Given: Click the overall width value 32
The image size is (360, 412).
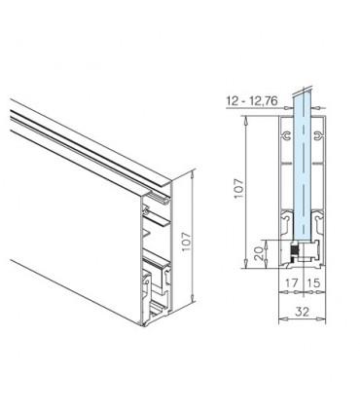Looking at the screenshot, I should pos(304,314).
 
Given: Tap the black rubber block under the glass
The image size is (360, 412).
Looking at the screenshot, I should pos(292,252).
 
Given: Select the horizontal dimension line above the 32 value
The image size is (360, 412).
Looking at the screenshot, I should pos(304,303).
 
